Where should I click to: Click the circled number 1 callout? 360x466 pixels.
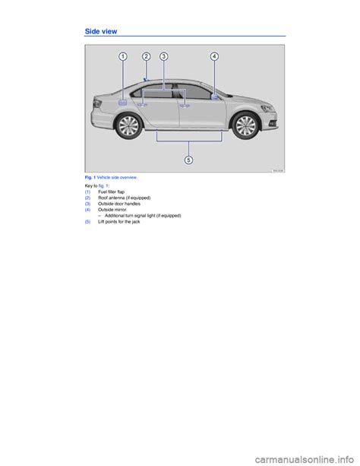(x=123, y=56)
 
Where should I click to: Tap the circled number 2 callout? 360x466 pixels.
(x=146, y=56)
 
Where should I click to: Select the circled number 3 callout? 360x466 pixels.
(x=163, y=56)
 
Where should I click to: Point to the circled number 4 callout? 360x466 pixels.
(x=214, y=56)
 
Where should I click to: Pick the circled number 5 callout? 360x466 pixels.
(x=188, y=160)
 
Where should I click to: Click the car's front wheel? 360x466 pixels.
(x=245, y=125)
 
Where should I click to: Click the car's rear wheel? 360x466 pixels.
(x=128, y=126)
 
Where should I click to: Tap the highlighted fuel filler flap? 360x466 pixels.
(x=123, y=102)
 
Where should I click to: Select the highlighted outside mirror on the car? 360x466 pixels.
(x=214, y=97)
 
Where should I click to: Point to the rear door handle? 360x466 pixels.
(x=142, y=104)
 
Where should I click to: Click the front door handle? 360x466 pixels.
(x=185, y=105)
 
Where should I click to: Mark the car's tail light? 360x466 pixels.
(x=96, y=103)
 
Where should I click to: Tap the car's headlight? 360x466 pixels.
(x=267, y=108)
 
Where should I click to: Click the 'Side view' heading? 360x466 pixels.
(x=101, y=31)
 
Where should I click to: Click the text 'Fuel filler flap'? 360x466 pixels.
(x=112, y=192)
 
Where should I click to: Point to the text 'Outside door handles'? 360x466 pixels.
(x=119, y=204)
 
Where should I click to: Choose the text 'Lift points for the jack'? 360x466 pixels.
(x=118, y=222)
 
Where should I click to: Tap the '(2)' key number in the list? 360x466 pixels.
(x=87, y=198)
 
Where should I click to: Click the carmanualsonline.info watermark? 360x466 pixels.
(x=305, y=459)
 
